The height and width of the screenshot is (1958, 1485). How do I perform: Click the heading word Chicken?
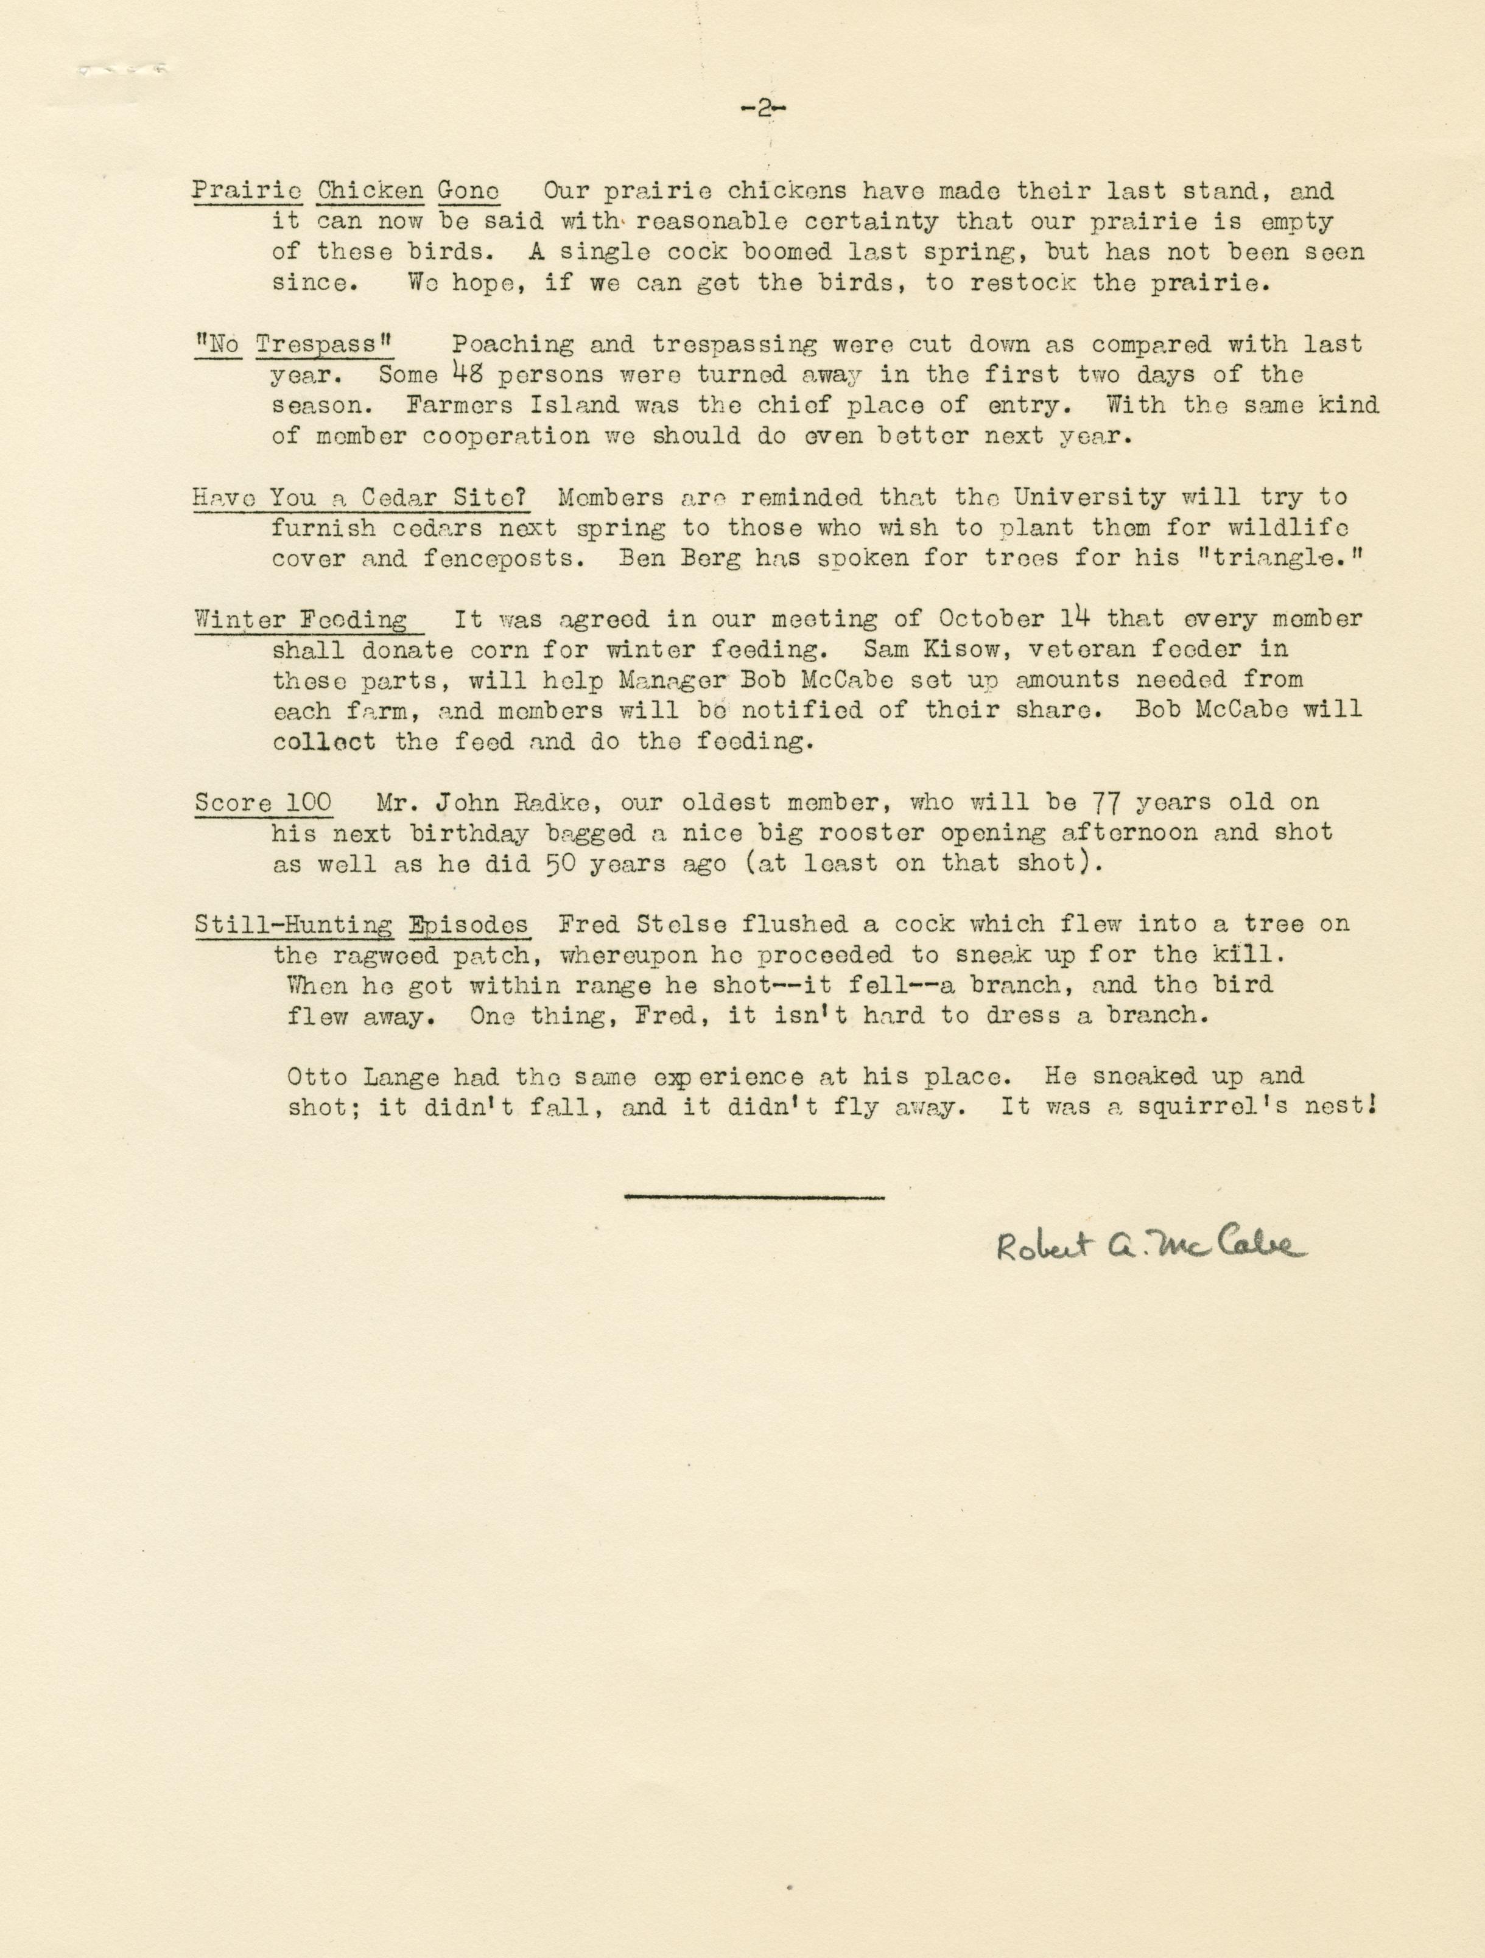370,191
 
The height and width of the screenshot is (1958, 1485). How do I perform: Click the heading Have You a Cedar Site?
361,497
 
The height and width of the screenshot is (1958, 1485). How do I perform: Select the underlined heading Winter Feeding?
300,620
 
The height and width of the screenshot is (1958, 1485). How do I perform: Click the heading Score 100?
263,803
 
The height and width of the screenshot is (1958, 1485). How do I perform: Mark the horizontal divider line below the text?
754,1198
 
